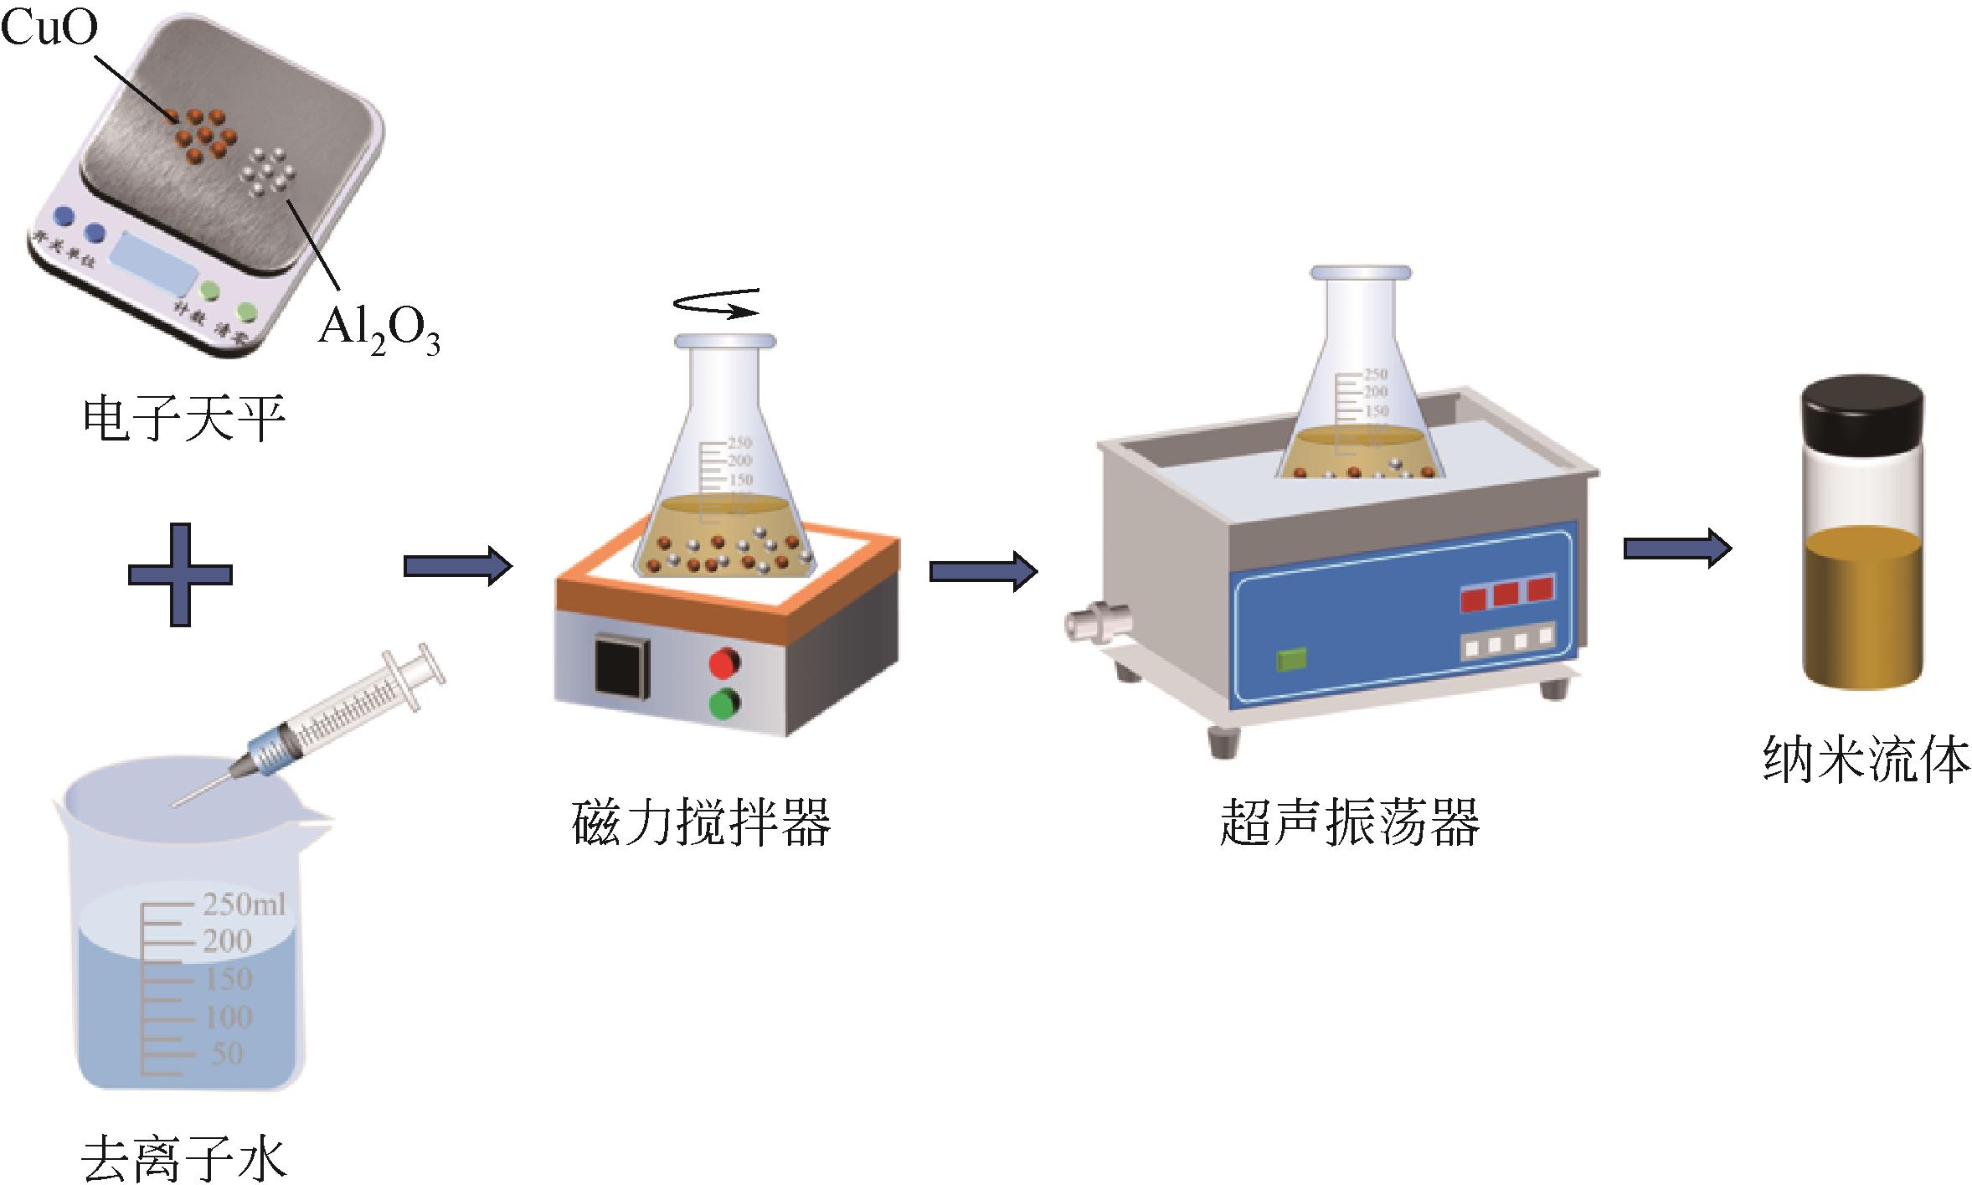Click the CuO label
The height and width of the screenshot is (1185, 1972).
[x=49, y=28]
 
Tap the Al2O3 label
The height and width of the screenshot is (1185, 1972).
[x=378, y=332]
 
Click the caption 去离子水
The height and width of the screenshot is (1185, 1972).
[x=183, y=1158]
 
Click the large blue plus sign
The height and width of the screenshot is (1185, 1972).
[x=180, y=574]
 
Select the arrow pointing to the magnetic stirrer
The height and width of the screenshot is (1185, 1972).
[x=457, y=566]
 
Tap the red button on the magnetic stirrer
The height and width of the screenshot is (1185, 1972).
[x=725, y=663]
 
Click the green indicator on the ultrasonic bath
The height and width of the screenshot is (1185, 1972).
[x=1291, y=660]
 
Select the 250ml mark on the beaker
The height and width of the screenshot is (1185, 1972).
[x=244, y=904]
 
